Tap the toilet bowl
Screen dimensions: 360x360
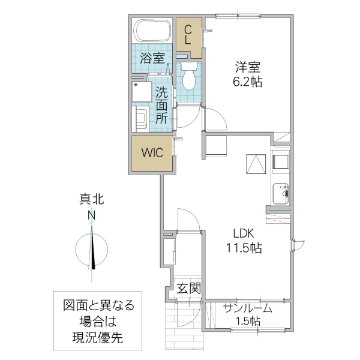pyautogui.click(x=189, y=76)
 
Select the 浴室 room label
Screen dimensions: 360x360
pyautogui.click(x=152, y=58)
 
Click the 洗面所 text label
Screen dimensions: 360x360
pyautogui.click(x=162, y=105)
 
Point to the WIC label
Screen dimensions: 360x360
pyautogui.click(x=152, y=152)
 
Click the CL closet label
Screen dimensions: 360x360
pyautogui.click(x=188, y=34)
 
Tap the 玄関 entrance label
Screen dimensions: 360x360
pyautogui.click(x=188, y=288)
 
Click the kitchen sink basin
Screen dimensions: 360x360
pyautogui.click(x=280, y=194)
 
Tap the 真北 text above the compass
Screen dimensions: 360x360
pyautogui.click(x=92, y=200)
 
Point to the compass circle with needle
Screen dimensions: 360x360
pyautogui.click(x=92, y=248)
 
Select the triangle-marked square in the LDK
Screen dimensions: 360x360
pyautogui.click(x=256, y=163)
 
